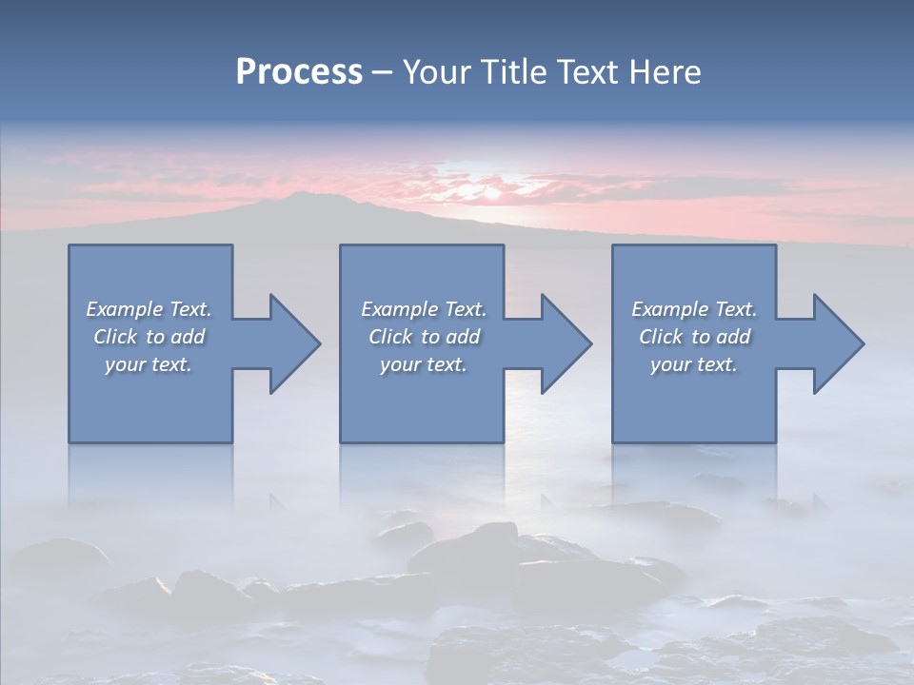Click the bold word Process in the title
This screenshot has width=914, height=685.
[299, 72]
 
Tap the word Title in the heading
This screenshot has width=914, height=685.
[510, 72]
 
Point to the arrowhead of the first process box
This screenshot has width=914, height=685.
[294, 343]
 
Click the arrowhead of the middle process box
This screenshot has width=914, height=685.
[566, 343]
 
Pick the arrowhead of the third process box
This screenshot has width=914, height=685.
[838, 343]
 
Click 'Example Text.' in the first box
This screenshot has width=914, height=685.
[149, 309]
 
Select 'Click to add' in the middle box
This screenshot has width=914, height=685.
[424, 337]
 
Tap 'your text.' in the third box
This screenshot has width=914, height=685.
[693, 364]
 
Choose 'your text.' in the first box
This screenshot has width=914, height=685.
[149, 364]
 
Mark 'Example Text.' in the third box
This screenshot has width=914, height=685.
[694, 309]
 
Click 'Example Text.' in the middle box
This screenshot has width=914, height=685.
[424, 309]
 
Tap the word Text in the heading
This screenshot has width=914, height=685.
[586, 72]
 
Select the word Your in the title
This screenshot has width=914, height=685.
[436, 72]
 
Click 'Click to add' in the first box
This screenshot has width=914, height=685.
[149, 337]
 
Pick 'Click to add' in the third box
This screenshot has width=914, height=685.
[694, 337]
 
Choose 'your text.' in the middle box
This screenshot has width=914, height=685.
[423, 364]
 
